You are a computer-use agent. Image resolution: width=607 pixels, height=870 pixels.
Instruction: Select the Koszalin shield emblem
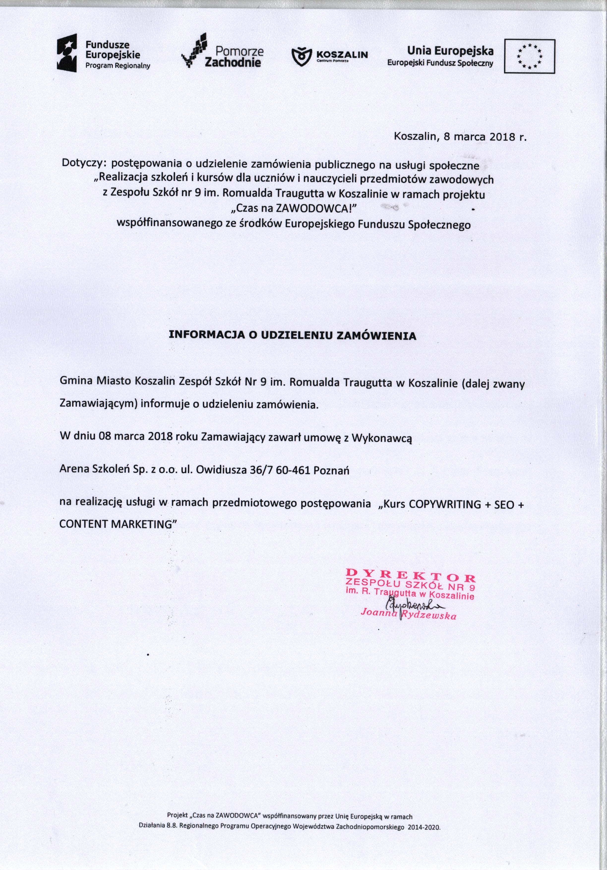tap(301, 56)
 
